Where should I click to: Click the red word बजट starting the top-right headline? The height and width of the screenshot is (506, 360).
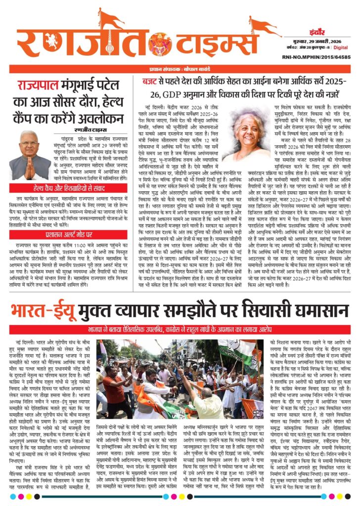[x=152, y=81]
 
